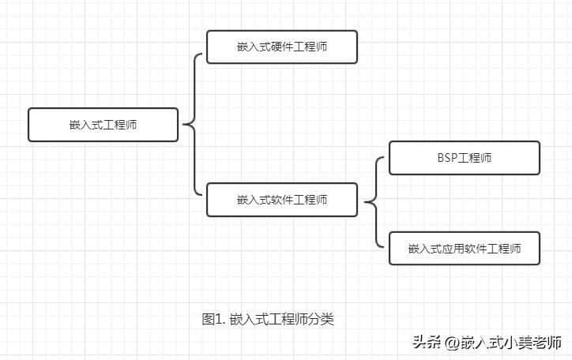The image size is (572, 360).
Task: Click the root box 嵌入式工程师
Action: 103,125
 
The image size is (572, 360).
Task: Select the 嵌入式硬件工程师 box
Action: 282,47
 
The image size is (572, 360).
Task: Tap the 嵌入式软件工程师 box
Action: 282,200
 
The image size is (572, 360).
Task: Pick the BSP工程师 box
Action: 465,158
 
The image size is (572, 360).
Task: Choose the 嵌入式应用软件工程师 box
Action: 465,248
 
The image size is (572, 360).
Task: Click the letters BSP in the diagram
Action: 447,158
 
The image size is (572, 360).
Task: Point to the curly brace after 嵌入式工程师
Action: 192,124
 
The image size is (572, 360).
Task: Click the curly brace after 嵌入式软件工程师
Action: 374,203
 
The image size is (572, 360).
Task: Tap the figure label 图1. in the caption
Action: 214,319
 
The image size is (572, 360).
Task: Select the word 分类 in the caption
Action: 322,319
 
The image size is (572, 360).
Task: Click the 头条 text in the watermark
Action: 426,343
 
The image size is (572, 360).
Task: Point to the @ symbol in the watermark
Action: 451,343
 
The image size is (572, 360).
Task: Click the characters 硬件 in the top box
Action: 281,47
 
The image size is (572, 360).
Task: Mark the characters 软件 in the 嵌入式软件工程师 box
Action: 281,200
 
